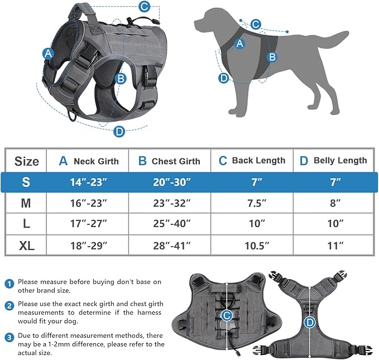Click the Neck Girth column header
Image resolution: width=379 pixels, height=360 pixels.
(89, 161)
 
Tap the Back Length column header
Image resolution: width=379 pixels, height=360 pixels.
(252, 160)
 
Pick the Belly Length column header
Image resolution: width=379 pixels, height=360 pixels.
(333, 160)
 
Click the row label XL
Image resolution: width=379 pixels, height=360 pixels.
(26, 245)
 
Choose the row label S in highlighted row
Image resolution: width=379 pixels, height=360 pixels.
(26, 182)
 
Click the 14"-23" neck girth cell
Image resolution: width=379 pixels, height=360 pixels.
(88, 182)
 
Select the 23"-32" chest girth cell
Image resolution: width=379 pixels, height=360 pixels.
(170, 203)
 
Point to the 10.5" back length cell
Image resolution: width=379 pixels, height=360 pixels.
(253, 245)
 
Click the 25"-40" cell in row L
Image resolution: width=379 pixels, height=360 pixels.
(170, 224)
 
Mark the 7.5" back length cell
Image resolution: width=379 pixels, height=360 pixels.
(253, 203)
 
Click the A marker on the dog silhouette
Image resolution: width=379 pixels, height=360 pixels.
(239, 44)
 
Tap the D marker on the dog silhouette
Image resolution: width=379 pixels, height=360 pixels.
(224, 78)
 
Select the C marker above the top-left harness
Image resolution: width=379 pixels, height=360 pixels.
(144, 7)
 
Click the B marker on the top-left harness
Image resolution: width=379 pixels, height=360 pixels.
(121, 78)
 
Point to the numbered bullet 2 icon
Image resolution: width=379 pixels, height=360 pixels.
(9, 306)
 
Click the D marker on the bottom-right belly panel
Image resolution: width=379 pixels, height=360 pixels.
(309, 322)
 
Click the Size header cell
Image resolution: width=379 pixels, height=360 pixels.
(26, 161)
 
